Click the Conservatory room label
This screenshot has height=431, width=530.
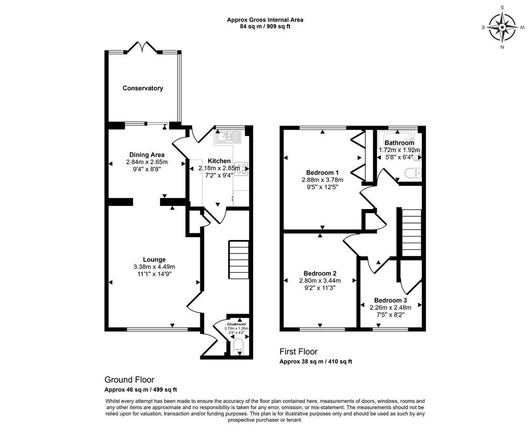143,88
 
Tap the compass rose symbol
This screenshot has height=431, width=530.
502,27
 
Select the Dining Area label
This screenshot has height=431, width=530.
147,155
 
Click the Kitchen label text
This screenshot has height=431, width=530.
219,161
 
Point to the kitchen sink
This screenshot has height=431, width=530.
228,137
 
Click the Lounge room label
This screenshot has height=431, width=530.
154,260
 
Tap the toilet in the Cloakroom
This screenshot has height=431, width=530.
238,345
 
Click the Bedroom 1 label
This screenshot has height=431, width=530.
322,173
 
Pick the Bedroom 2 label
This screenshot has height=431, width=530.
320,274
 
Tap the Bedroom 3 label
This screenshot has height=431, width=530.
391,301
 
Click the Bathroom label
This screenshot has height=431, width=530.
399,143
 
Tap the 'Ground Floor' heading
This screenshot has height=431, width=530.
129,380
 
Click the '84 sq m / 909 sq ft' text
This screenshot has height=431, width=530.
265,27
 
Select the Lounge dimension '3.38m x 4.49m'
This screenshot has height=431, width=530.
154,267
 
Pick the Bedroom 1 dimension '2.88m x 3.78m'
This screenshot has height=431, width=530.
322,180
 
